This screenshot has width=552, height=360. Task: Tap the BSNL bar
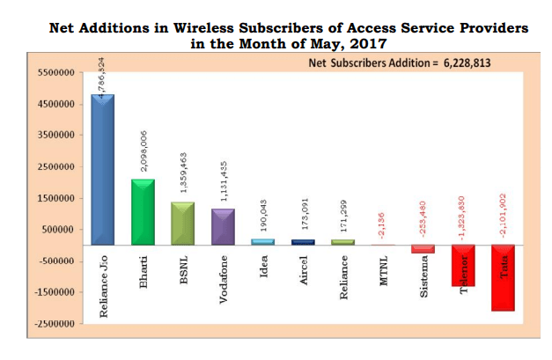(182, 223)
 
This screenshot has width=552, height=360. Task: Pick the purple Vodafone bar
(223, 226)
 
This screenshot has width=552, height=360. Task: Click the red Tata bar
(504, 277)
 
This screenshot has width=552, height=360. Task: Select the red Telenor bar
(463, 265)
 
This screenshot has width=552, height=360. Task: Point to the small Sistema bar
(423, 248)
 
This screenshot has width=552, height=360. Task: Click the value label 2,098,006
(143, 153)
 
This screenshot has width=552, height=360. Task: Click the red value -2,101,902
(504, 217)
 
